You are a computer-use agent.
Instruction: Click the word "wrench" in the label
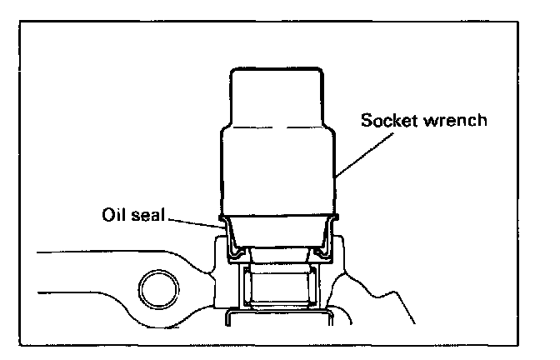point(459,119)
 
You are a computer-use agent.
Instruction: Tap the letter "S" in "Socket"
point(366,119)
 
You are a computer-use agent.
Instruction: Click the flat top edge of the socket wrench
point(274,67)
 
